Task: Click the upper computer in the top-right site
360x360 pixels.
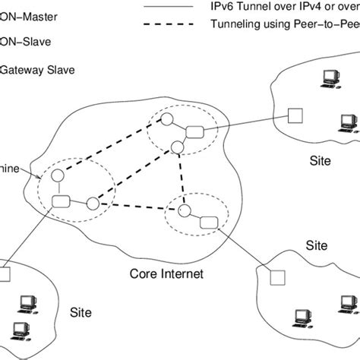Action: click(x=330, y=76)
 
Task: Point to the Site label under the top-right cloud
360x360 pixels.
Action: click(x=321, y=162)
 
